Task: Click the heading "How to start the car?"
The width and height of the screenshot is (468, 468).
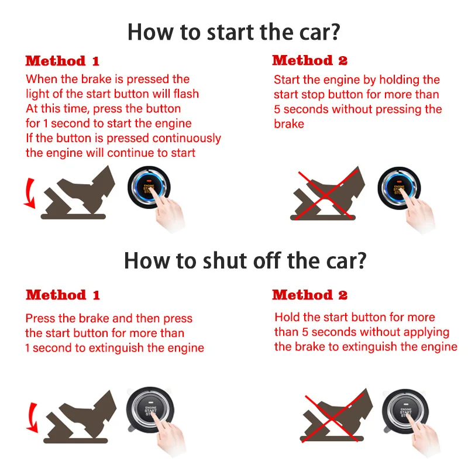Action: (233, 32)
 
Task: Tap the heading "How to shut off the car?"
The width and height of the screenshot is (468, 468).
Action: (245, 260)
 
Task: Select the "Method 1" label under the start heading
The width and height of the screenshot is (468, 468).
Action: (62, 61)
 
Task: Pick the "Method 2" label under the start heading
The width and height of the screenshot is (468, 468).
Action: (310, 60)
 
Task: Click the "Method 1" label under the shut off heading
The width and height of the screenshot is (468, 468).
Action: (63, 295)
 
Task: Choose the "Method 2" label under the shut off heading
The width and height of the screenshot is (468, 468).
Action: (310, 295)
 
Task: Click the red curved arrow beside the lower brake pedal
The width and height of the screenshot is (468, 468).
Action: (32, 417)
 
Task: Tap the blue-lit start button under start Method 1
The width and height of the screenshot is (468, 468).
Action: (149, 187)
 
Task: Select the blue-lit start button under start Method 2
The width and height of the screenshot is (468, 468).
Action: (399, 188)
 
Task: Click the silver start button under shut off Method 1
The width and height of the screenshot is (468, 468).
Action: (150, 410)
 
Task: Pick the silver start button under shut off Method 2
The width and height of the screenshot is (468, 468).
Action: (405, 411)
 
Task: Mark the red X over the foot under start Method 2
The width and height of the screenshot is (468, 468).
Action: (326, 195)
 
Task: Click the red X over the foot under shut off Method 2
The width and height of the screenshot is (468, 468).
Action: (333, 417)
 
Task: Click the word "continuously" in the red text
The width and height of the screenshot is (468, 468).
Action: (187, 139)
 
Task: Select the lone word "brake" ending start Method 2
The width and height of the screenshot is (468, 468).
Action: (289, 124)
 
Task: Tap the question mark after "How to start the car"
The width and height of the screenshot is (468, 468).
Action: (335, 32)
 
